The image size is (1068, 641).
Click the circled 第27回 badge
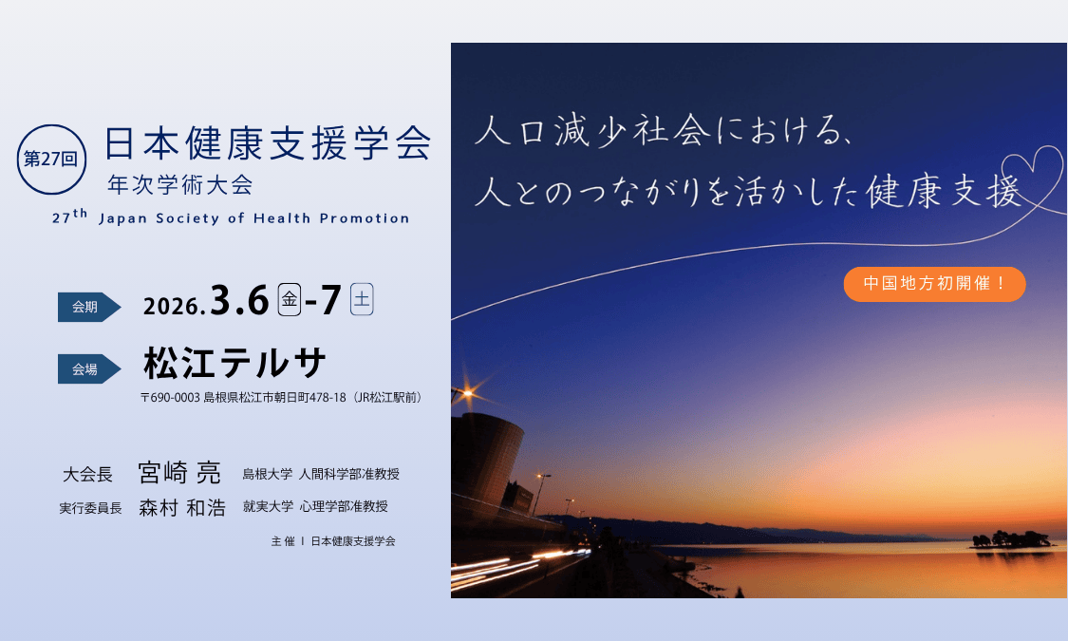(52, 160)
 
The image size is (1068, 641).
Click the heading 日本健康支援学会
(268, 143)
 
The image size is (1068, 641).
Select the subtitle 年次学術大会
(180, 184)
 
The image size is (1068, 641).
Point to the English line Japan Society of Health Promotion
(254, 218)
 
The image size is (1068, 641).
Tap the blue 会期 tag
(88, 307)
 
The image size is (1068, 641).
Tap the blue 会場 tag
(88, 369)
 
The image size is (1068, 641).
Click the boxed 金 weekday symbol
(290, 299)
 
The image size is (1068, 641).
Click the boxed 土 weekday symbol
(362, 299)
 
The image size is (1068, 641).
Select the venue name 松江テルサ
(234, 363)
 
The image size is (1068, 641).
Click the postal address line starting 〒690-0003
(281, 397)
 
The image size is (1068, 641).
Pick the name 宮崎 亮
(179, 473)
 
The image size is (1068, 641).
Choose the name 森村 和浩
(182, 507)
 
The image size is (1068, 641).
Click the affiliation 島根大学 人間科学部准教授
(321, 474)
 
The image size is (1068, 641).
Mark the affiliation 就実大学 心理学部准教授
(315, 506)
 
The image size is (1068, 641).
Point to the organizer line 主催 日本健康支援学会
(333, 541)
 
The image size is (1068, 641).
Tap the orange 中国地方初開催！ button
(934, 284)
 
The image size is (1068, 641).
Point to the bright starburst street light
(468, 393)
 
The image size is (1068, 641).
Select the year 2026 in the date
(173, 307)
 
